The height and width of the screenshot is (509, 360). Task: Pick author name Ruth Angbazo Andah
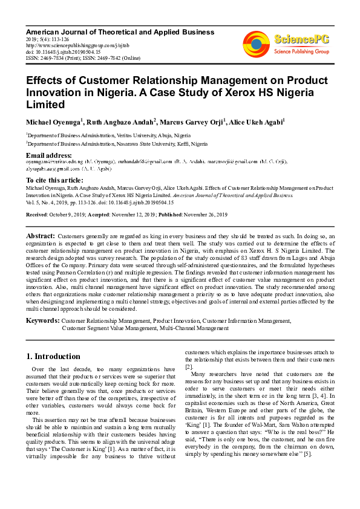coord(121,122)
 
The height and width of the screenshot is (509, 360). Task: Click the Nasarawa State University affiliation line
coord(117,144)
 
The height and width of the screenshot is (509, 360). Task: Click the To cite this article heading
coord(55,180)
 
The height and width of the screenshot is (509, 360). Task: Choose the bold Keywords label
coord(43,320)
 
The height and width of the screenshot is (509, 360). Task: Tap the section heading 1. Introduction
coord(54,356)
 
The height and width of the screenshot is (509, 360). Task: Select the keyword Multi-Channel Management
coord(194,328)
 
